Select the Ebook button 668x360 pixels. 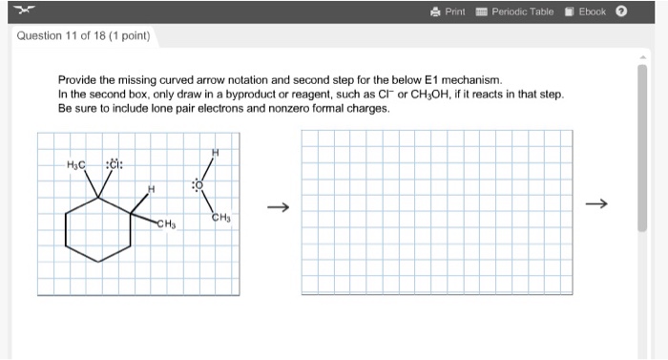585,11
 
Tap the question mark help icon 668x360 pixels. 621,11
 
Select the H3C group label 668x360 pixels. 76,164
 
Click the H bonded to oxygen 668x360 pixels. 216,151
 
